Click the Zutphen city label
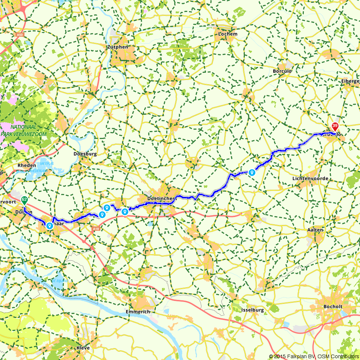(x=117, y=47)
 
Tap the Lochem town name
(x=228, y=34)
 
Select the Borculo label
(x=282, y=71)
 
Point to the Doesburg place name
(x=85, y=154)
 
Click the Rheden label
(x=27, y=165)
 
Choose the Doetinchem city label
(x=161, y=198)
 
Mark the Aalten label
(x=315, y=229)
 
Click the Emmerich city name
(x=138, y=311)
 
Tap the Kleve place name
(x=83, y=348)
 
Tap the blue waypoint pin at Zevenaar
(x=49, y=225)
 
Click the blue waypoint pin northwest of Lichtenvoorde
(x=252, y=172)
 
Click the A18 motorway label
(x=95, y=229)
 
